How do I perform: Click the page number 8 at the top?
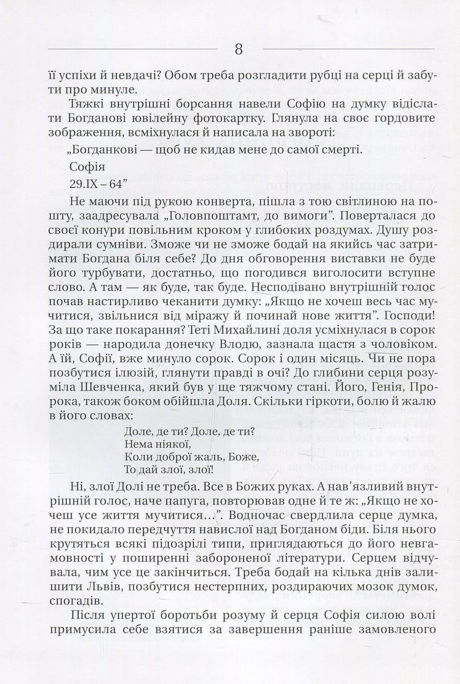(x=238, y=50)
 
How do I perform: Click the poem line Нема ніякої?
(x=157, y=444)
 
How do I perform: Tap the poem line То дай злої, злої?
(x=168, y=470)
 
